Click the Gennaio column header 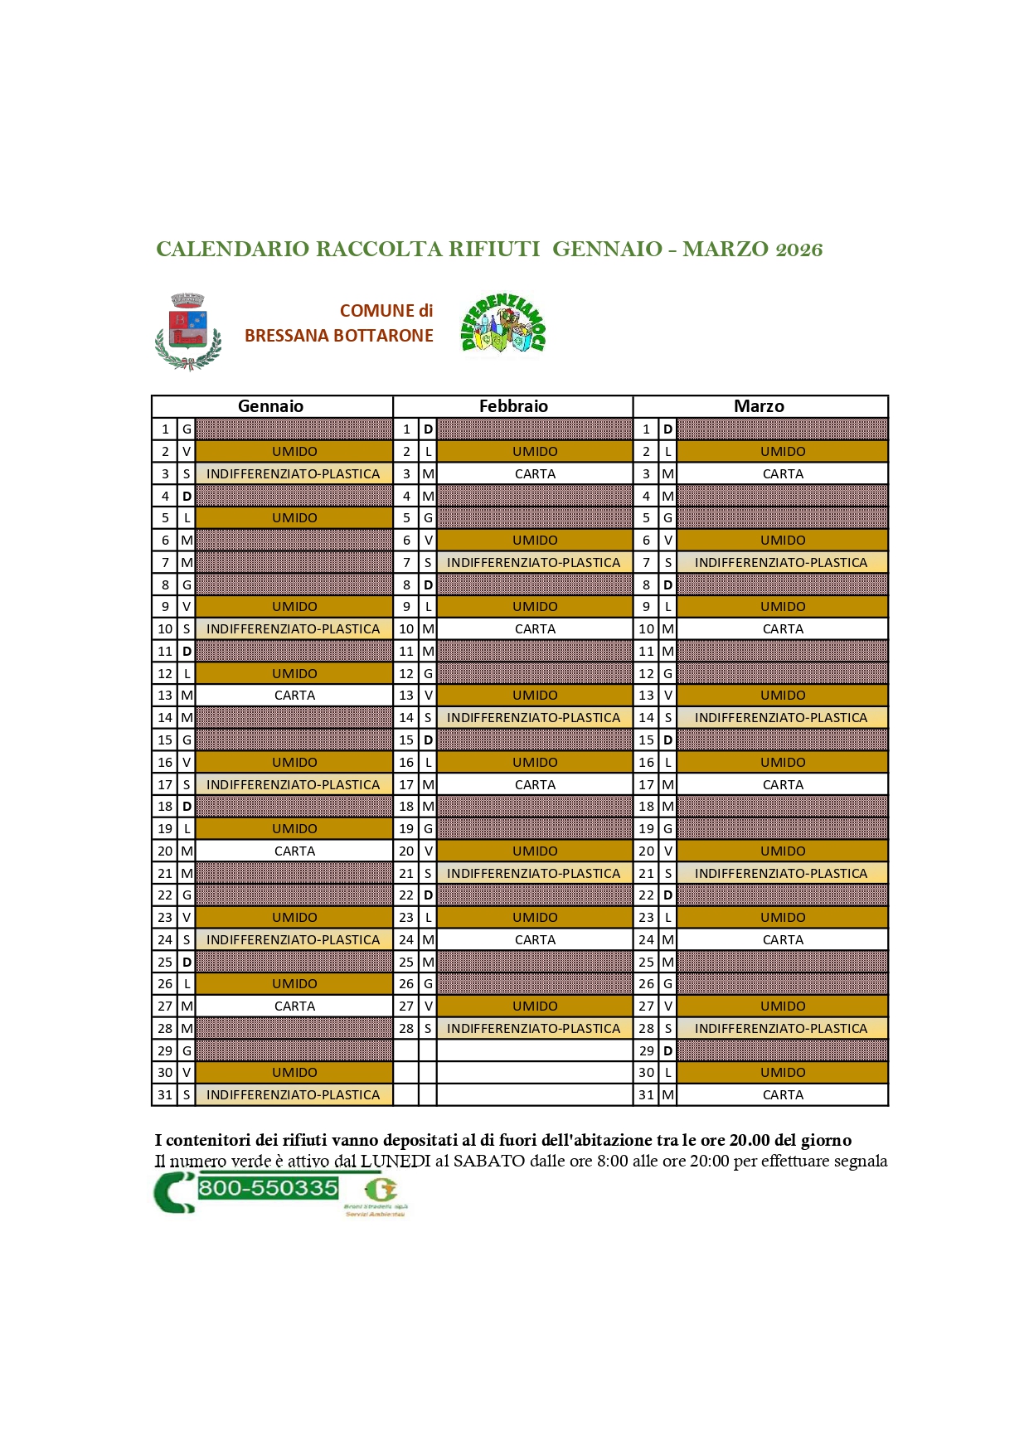pos(270,406)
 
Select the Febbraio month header pos(513,406)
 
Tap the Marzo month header pos(759,406)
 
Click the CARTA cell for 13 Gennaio pos(294,696)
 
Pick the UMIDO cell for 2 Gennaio pos(294,452)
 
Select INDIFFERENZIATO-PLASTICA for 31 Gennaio pos(293,1095)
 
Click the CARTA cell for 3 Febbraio pos(535,474)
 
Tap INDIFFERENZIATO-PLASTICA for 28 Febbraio pos(533,1029)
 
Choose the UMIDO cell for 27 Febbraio pos(535,1006)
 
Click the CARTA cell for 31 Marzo pos(783,1095)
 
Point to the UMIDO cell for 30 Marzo pos(783,1073)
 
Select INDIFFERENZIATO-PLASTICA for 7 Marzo pos(781,563)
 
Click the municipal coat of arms pos(188,332)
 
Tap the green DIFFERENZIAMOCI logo pos(503,324)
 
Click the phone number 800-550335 pos(268,1188)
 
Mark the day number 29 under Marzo pos(646,1051)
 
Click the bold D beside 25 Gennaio pos(187,963)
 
